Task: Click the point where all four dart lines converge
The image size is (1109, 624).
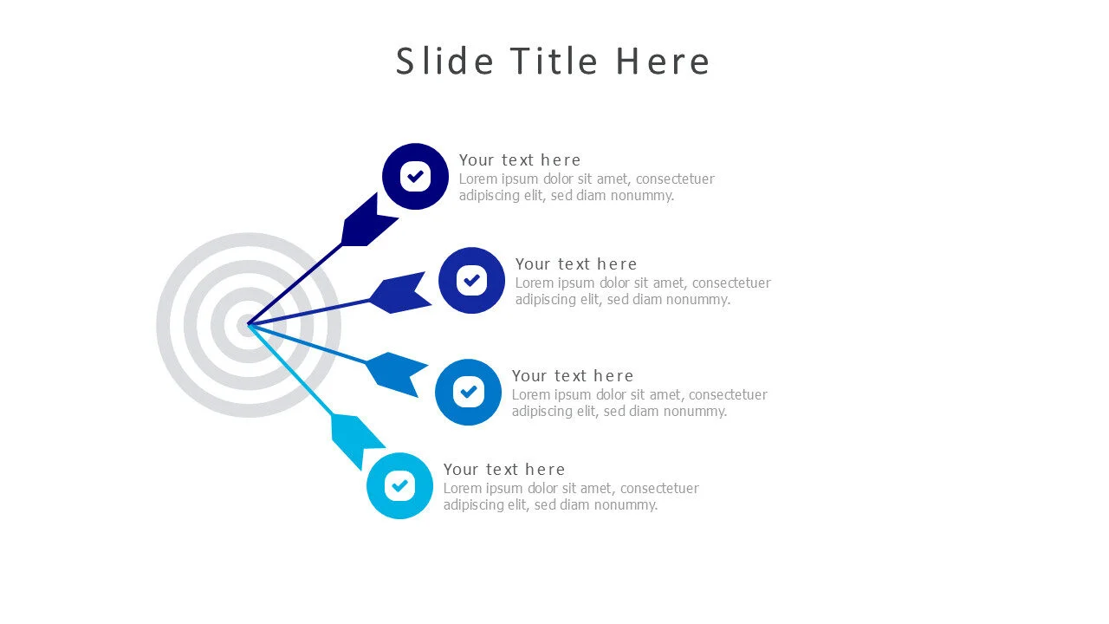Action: pyautogui.click(x=248, y=325)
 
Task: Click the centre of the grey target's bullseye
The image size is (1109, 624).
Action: pyautogui.click(x=248, y=325)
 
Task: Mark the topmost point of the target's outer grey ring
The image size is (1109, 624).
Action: pyautogui.click(x=248, y=233)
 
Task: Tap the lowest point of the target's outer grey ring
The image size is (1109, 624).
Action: pyautogui.click(x=248, y=417)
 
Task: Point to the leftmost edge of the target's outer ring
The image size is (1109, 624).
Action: pyautogui.click(x=157, y=325)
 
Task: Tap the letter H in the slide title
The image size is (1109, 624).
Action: pyautogui.click(x=628, y=62)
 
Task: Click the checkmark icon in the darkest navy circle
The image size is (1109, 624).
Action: pyautogui.click(x=415, y=176)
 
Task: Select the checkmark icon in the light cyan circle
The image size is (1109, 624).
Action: pyautogui.click(x=399, y=486)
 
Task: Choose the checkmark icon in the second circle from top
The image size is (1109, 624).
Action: pyautogui.click(x=472, y=280)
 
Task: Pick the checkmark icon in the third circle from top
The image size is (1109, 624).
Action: pyautogui.click(x=469, y=393)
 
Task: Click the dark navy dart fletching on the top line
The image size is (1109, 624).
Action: pyautogui.click(x=369, y=220)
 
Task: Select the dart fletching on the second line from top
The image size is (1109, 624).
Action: pyautogui.click(x=400, y=293)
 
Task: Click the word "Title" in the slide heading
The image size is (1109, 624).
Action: pyautogui.click(x=554, y=62)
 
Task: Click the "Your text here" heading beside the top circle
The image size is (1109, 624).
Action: pyautogui.click(x=520, y=160)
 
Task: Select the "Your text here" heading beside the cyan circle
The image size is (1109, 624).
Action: pyautogui.click(x=504, y=469)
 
